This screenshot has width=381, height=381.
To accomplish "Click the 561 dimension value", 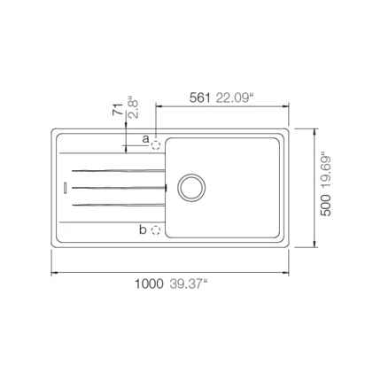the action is (199, 97).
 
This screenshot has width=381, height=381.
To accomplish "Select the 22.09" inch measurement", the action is (235, 97).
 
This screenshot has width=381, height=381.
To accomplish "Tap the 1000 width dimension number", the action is (149, 284).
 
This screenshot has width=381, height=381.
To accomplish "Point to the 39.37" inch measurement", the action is (189, 284).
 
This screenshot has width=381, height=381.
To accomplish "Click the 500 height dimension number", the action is (326, 206).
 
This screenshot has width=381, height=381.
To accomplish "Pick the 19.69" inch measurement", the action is (326, 171).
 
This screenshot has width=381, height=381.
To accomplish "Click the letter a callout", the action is (145, 139).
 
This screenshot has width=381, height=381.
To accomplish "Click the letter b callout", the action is (143, 229).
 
